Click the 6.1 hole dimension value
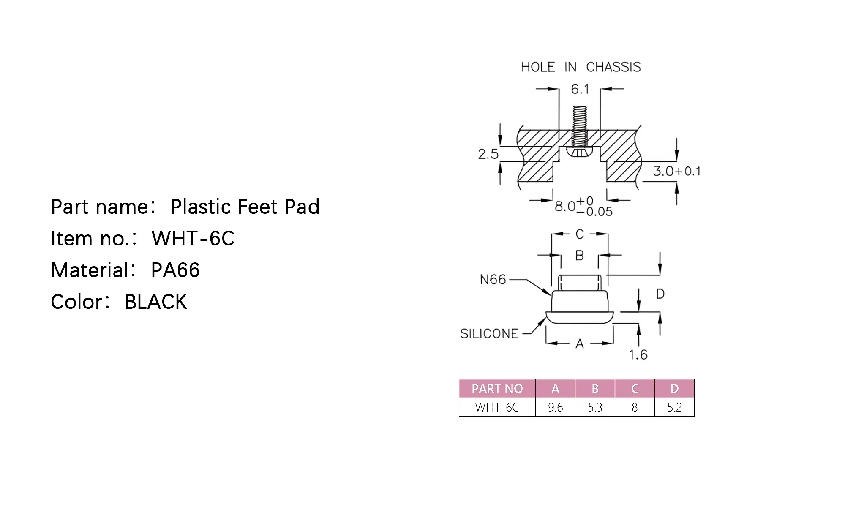580,89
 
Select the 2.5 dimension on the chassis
488,154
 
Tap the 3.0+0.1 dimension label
676,171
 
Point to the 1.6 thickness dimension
638,354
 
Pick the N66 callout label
493,279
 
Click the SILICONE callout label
489,334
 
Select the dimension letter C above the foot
580,234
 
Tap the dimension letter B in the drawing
580,255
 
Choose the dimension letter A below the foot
580,344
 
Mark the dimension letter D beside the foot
660,294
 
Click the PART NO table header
497,389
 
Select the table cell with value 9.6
555,407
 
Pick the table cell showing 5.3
595,407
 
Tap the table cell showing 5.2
674,407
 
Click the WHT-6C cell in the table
497,407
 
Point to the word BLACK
155,302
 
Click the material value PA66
175,270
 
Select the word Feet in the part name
258,207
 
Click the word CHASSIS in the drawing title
613,67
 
